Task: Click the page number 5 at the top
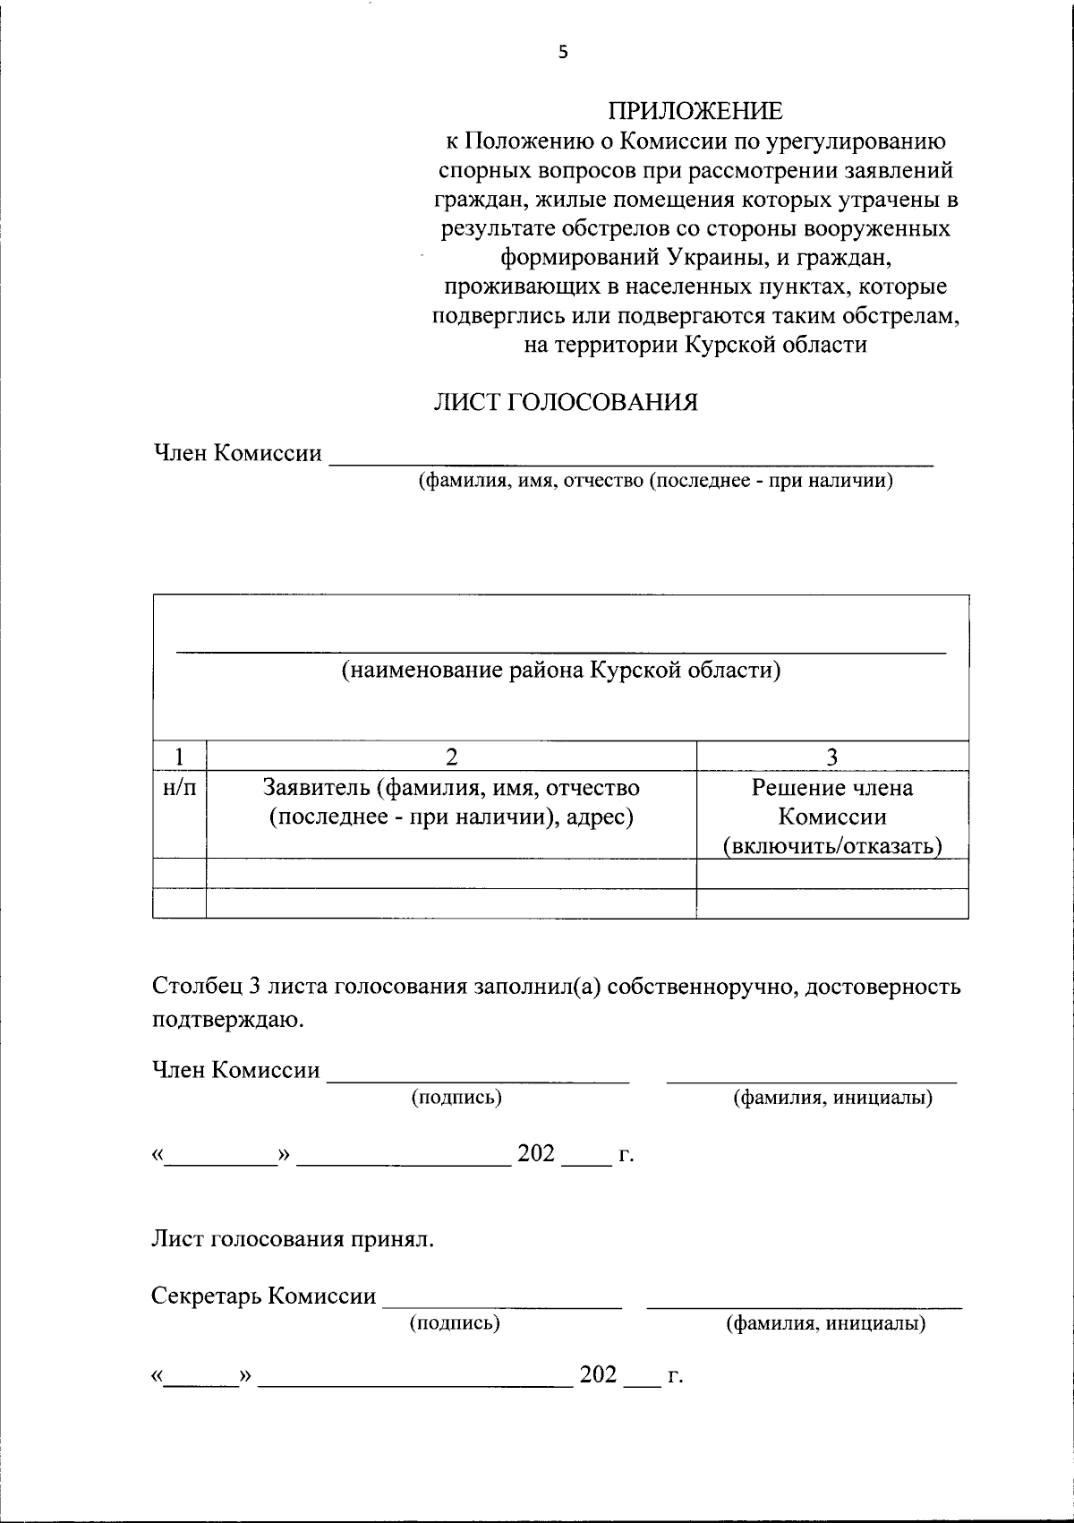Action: [x=563, y=52]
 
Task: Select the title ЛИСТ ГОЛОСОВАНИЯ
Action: [x=565, y=403]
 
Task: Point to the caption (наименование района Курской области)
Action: [x=561, y=670]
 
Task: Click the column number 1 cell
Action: [x=180, y=757]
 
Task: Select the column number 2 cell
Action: [x=452, y=757]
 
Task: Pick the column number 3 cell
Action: [x=832, y=757]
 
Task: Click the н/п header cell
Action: [x=180, y=788]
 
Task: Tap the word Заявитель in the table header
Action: [x=314, y=788]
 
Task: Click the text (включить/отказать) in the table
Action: [x=832, y=846]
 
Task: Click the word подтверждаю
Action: [x=227, y=1019]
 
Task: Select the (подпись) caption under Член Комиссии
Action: [x=456, y=1098]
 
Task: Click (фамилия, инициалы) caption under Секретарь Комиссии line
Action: [x=825, y=1323]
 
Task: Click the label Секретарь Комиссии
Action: [x=264, y=1296]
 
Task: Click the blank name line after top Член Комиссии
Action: [x=631, y=458]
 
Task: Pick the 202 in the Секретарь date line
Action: [x=599, y=1374]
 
